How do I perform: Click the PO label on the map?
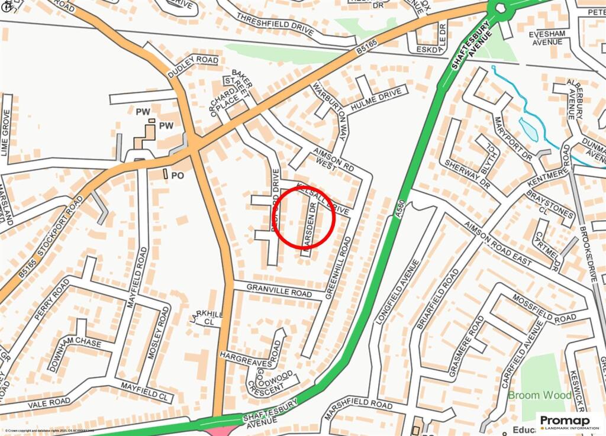click(x=178, y=175)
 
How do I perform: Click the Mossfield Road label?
click(x=544, y=308)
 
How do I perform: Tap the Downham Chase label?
click(x=75, y=344)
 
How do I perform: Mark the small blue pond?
click(x=528, y=130)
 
